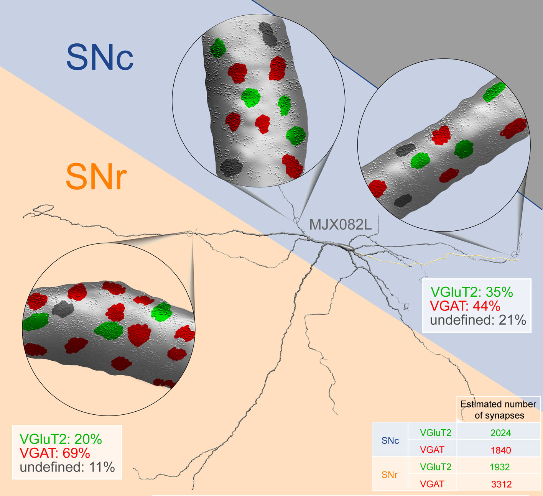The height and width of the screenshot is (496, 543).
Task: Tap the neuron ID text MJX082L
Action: [340, 225]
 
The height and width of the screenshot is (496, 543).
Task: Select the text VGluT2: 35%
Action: [472, 292]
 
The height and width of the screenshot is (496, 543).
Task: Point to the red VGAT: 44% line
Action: [465, 306]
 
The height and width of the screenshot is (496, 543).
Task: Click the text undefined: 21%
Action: [478, 320]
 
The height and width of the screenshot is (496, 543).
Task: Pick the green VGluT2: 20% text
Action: [61, 439]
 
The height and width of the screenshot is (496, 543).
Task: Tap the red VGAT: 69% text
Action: [54, 453]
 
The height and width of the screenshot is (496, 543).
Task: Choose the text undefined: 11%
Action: [67, 467]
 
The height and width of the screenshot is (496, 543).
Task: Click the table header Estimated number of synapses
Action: [499, 410]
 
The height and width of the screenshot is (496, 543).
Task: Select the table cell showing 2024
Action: [500, 433]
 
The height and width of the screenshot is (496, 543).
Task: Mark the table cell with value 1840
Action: [500, 450]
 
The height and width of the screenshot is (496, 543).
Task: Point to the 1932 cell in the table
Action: [500, 467]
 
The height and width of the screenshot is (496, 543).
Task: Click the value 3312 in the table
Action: [501, 484]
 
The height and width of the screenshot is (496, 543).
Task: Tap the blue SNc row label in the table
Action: [390, 441]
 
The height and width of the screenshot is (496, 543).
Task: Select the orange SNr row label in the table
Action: [389, 475]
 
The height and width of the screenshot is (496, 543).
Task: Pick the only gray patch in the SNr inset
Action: [63, 309]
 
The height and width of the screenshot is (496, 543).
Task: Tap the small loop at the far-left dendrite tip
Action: [43, 208]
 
